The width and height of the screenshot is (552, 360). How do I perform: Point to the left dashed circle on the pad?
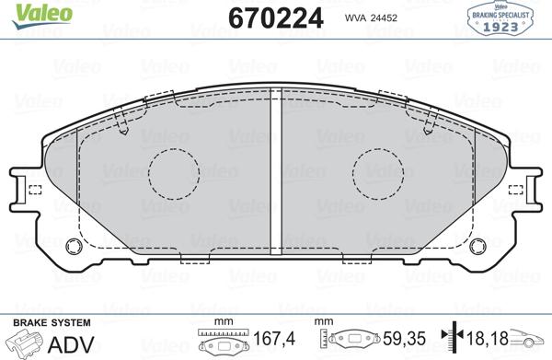tap(174, 172)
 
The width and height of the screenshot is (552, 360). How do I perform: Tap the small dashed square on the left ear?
tap(35, 191)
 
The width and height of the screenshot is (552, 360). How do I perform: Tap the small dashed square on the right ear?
tap(517, 191)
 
